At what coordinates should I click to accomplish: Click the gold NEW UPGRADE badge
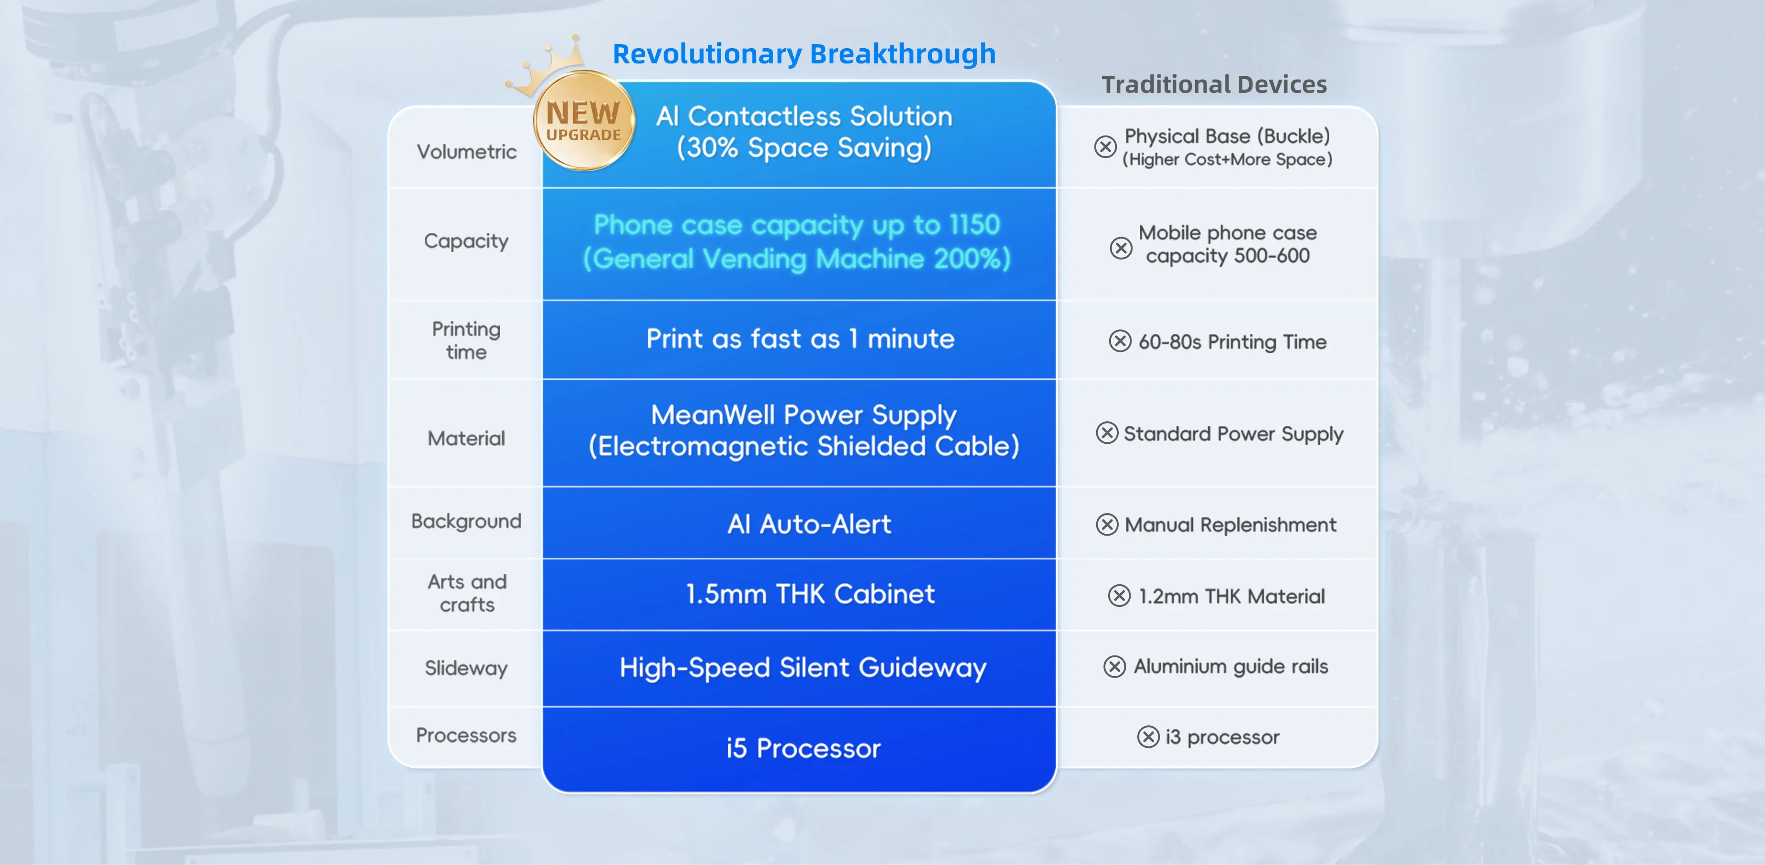[584, 120]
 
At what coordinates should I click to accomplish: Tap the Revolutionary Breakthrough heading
[804, 53]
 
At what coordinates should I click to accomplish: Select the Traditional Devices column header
[1214, 84]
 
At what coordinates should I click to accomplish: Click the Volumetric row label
[467, 151]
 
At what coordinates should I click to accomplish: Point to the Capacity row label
[466, 241]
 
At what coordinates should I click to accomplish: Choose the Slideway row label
[466, 668]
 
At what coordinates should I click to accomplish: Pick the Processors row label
[466, 735]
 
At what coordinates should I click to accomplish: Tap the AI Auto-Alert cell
[809, 524]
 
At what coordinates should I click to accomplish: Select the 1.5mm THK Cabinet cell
[810, 594]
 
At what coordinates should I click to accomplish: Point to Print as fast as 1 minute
[800, 339]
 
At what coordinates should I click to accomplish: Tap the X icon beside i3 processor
[1148, 737]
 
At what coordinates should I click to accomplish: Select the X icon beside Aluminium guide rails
[1115, 667]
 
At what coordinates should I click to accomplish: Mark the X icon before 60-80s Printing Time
[1120, 341]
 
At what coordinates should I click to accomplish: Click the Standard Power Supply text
[1233, 434]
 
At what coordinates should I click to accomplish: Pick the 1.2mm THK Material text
[1231, 596]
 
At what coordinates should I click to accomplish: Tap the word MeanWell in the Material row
[712, 414]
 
